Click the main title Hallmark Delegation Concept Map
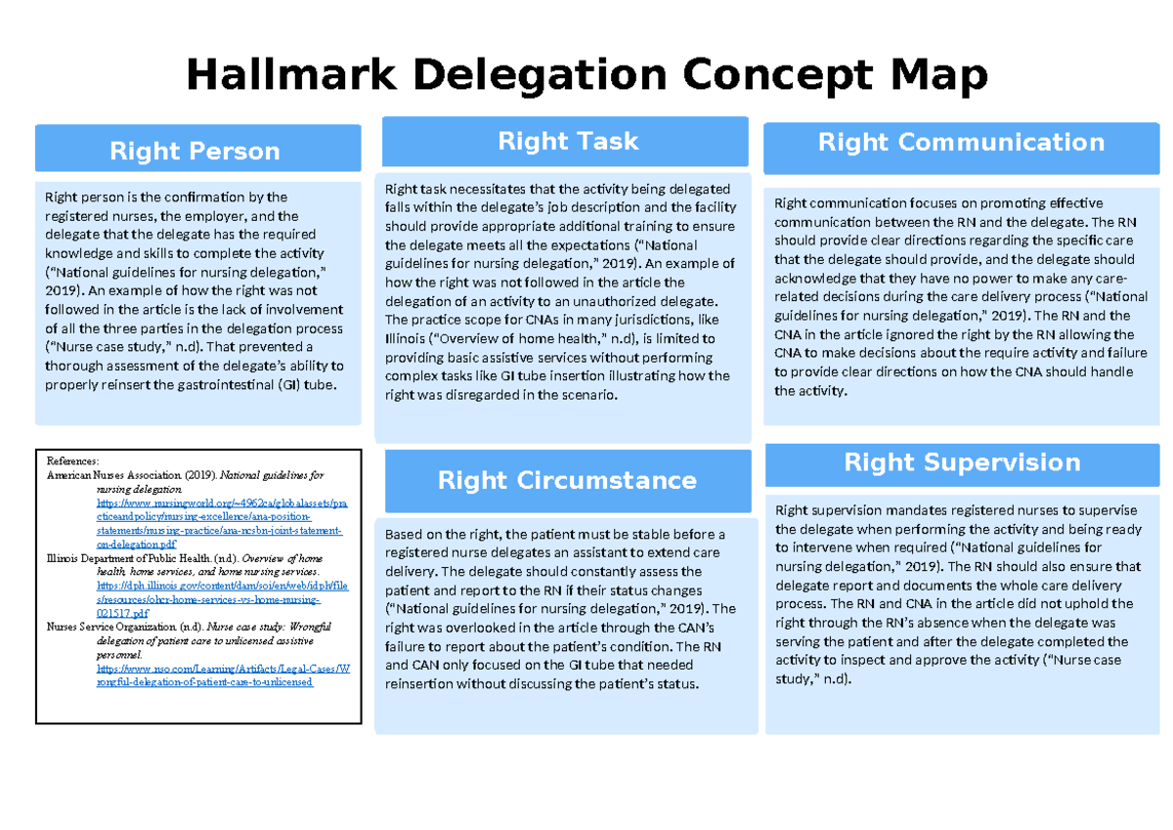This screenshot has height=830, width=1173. [x=586, y=75]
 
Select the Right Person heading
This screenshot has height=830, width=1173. [x=195, y=151]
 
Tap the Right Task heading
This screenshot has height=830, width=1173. [x=567, y=141]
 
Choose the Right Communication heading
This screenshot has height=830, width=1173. [x=961, y=143]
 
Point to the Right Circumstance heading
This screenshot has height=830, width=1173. [x=567, y=480]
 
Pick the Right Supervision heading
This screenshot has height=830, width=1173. [x=962, y=462]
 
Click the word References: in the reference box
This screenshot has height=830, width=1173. [x=72, y=459]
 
